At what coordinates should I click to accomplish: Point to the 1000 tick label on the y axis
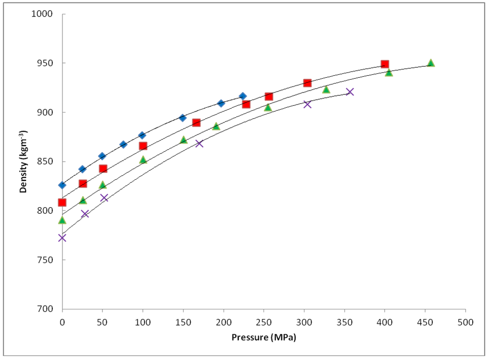pos(47,14)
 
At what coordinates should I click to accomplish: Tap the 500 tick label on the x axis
pos(465,322)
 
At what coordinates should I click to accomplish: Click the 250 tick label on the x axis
pos(264,322)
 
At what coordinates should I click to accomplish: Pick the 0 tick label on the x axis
pos(62,322)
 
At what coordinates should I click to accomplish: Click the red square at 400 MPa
pos(385,64)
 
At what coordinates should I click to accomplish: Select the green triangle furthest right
pos(431,63)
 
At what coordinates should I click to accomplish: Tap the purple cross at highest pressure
pos(350,92)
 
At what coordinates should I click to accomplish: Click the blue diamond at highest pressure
pos(243,96)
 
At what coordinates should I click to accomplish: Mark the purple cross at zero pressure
pos(62,237)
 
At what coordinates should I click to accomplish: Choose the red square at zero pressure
pos(62,202)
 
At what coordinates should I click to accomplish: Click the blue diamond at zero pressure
pos(62,185)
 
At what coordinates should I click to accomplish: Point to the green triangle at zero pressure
pos(62,220)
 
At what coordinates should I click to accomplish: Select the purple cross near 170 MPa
pos(199,143)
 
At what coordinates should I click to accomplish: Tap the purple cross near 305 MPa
pos(307,104)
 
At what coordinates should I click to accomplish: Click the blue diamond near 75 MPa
pos(123,144)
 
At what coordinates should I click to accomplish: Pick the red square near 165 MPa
pos(196,123)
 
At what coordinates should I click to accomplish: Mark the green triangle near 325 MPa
pos(326,90)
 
